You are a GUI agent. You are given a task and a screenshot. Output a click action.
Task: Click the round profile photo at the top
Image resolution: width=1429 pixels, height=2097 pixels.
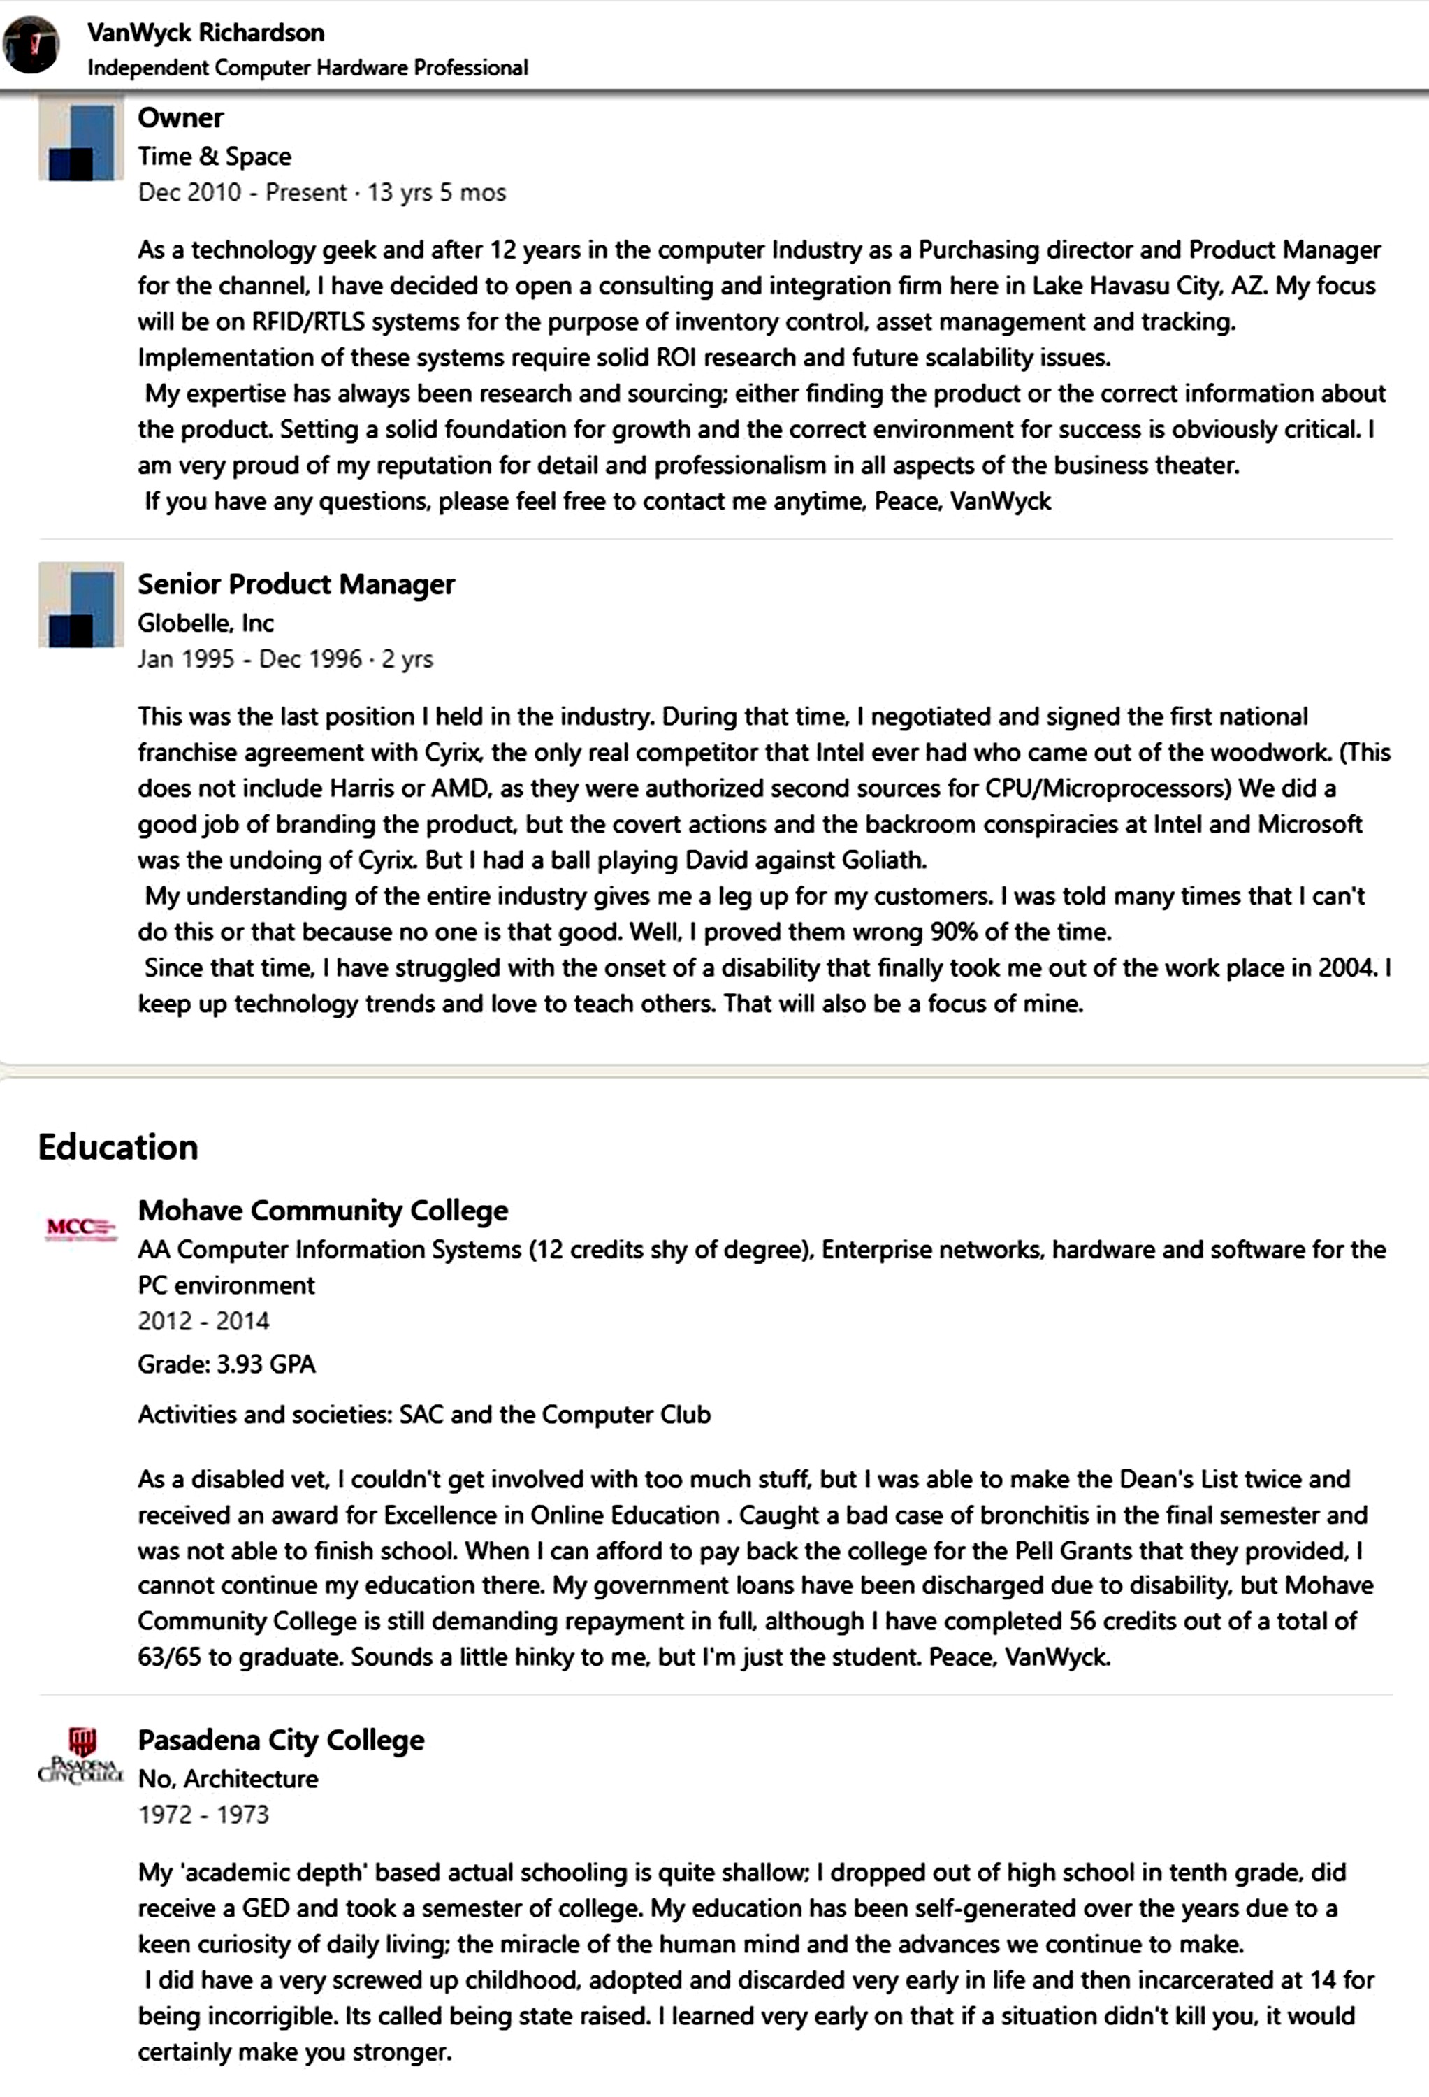(x=31, y=46)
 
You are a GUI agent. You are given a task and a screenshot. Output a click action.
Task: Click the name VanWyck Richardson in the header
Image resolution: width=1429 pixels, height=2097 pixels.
(x=205, y=32)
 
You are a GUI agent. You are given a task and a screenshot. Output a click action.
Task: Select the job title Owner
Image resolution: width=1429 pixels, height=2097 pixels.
(x=180, y=117)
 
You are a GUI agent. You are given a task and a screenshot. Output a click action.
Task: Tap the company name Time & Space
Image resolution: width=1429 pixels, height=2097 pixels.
(x=215, y=156)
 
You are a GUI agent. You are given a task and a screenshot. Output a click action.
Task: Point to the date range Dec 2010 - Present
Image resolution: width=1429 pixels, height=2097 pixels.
(x=242, y=192)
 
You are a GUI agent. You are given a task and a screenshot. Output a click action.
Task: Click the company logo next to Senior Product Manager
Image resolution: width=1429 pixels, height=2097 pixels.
(x=81, y=605)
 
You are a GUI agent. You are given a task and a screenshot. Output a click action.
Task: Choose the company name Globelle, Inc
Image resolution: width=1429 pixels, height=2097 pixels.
(x=205, y=623)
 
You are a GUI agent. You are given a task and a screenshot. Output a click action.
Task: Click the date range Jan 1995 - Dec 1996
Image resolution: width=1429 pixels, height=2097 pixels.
(x=249, y=658)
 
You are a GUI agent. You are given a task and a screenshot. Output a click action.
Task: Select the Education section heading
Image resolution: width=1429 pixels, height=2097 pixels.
(x=118, y=1147)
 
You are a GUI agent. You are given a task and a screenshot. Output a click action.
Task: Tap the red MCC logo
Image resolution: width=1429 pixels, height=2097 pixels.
(x=81, y=1227)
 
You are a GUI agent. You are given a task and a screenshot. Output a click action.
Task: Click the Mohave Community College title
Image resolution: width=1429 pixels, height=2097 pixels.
(x=323, y=1210)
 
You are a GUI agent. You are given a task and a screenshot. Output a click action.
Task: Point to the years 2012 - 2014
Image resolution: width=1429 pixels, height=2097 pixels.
(x=204, y=1321)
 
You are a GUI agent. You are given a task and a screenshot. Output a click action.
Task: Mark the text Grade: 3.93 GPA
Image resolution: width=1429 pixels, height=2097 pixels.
(x=226, y=1364)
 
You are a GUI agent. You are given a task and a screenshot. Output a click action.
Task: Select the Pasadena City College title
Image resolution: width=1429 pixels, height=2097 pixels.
(x=281, y=1740)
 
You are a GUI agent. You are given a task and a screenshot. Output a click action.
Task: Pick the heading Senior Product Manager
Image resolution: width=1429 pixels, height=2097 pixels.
(x=296, y=584)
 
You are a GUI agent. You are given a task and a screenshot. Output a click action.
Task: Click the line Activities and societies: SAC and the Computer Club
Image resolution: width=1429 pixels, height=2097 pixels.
(x=424, y=1414)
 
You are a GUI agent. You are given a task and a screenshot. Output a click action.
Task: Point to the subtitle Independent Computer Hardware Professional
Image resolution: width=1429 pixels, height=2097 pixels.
(x=307, y=68)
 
